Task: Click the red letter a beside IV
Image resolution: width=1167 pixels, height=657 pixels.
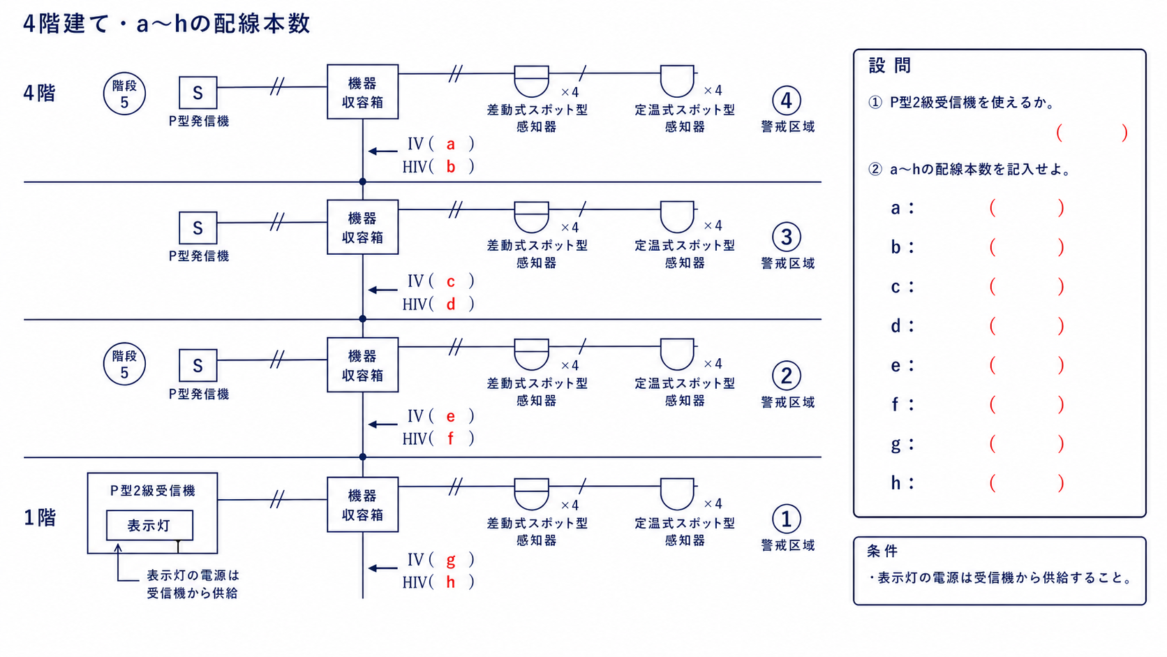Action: click(451, 145)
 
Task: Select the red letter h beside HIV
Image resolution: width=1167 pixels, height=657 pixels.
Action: click(451, 582)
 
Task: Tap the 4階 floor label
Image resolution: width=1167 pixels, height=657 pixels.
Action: click(40, 94)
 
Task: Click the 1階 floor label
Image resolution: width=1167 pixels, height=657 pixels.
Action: click(40, 517)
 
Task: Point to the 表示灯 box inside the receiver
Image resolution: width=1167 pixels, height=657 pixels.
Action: click(149, 525)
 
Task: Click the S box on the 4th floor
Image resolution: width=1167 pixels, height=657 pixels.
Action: click(198, 93)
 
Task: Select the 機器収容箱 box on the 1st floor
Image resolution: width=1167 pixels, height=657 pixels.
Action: click(363, 504)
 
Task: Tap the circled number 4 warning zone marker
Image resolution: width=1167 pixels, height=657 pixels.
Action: click(786, 101)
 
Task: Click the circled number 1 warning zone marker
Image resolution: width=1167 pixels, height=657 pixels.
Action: click(786, 519)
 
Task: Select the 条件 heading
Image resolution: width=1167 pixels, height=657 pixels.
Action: click(882, 552)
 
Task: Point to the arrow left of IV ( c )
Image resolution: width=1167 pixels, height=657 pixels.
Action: click(383, 290)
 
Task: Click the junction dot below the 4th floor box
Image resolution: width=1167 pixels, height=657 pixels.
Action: click(363, 182)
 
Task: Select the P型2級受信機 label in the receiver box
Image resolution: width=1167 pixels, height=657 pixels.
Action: click(153, 490)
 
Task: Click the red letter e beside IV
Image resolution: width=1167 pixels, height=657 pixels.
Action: click(451, 416)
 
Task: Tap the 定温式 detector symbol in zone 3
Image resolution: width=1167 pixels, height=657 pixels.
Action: click(677, 216)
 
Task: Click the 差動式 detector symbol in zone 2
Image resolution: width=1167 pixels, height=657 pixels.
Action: click(531, 355)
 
